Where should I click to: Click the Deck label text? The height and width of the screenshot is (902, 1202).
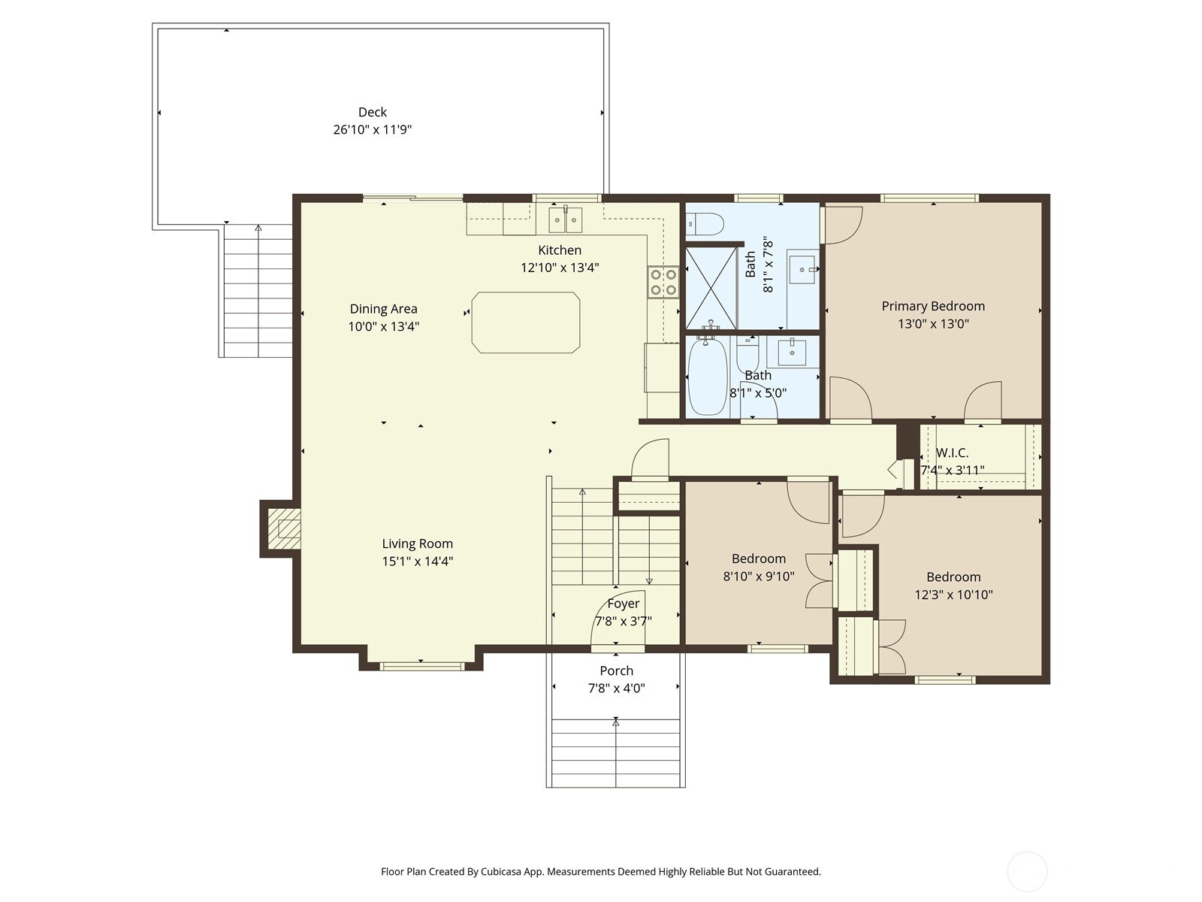[372, 112]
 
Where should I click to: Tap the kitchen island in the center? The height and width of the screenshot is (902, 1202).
[526, 322]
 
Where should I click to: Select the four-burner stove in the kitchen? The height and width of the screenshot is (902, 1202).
[663, 282]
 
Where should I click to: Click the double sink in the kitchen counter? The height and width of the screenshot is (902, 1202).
[565, 220]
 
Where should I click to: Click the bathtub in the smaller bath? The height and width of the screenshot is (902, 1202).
[707, 376]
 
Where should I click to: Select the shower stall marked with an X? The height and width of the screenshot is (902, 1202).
[711, 288]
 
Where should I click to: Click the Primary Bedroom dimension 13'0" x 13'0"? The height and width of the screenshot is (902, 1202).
[933, 324]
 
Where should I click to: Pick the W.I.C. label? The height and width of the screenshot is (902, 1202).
[952, 453]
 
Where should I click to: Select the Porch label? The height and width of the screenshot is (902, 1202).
[616, 670]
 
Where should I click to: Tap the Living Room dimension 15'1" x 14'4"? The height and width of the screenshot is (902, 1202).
[417, 561]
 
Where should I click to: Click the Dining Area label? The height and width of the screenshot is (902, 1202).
[383, 308]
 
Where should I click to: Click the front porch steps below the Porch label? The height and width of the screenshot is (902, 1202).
[615, 752]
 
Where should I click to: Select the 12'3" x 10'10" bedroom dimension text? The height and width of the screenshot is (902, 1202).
[953, 595]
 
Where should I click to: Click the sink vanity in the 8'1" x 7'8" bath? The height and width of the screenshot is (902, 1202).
[803, 269]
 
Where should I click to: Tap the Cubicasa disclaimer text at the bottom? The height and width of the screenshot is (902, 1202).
[600, 872]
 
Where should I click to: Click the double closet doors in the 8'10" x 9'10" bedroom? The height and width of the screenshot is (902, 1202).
[819, 580]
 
